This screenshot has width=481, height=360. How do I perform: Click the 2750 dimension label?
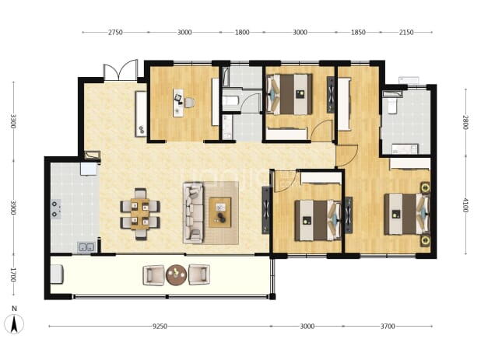point(115,32)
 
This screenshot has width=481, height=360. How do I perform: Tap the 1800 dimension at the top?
point(242,32)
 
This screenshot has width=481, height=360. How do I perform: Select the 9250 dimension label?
point(160,327)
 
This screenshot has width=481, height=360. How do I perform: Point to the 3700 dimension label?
point(388,327)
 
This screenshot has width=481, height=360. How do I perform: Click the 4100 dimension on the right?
point(465,205)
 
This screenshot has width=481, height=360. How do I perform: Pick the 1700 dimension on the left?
point(13,274)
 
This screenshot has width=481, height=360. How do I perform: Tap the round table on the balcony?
point(177,274)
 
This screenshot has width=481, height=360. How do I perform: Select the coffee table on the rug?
point(220,212)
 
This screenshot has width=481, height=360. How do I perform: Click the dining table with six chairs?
point(140,214)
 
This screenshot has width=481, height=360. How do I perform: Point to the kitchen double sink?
point(86,247)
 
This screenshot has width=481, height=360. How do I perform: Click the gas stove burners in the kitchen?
point(55,209)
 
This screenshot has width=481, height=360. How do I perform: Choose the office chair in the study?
point(189,103)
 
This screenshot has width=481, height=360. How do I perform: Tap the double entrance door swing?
point(120,70)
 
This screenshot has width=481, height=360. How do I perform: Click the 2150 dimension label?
point(406,32)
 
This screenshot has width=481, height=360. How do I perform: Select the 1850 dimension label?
point(358,32)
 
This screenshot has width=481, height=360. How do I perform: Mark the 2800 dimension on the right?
point(465,122)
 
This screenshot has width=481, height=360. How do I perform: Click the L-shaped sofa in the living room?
point(193,212)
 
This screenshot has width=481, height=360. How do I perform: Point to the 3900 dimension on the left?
point(13,208)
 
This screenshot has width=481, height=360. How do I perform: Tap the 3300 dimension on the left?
point(13,121)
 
